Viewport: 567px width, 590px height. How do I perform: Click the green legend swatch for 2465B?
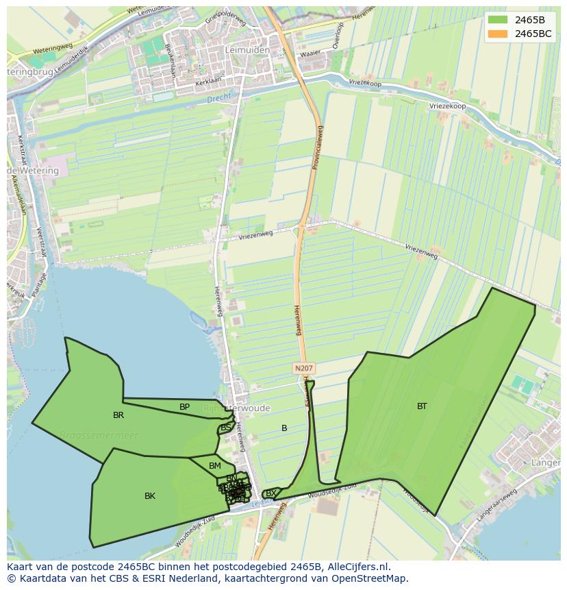[x=499, y=20]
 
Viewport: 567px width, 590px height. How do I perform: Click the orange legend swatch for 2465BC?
[x=499, y=34]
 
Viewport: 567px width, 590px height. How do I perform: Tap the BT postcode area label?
[x=422, y=406]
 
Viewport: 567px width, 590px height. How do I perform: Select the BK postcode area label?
[x=150, y=496]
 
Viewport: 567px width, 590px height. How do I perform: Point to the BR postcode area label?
[x=118, y=415]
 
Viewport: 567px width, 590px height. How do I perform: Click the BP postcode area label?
[x=184, y=407]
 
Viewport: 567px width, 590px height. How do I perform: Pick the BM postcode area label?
[x=215, y=467]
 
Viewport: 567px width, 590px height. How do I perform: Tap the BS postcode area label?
[x=225, y=428]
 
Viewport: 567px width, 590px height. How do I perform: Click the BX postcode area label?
[x=271, y=493]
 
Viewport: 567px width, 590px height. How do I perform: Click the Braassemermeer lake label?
[x=99, y=435]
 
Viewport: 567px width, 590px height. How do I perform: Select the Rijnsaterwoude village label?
[x=237, y=408]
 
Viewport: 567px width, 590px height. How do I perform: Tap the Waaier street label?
[x=310, y=53]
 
